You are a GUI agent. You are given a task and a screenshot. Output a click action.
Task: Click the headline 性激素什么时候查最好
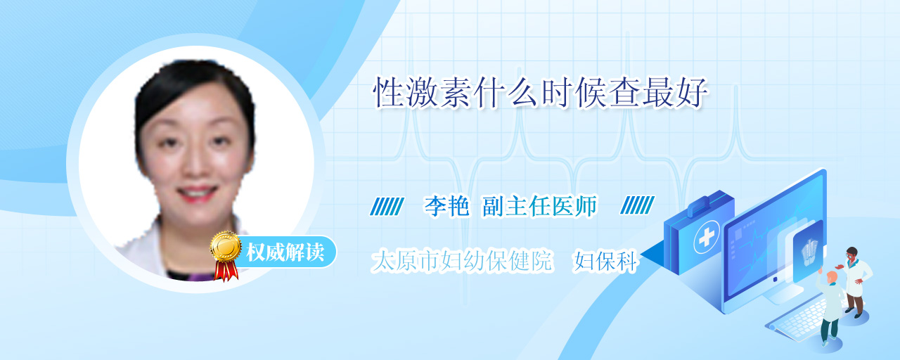point(541,93)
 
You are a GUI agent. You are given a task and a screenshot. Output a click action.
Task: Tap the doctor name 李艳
point(446,206)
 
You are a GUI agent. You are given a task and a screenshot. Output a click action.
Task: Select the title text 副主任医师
point(540,206)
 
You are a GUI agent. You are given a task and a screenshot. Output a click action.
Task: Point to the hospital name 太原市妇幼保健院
point(462,261)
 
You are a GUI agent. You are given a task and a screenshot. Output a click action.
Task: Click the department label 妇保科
point(606,261)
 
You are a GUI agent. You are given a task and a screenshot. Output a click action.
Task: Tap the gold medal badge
point(226,246)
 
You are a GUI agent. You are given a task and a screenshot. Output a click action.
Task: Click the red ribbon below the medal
point(226,271)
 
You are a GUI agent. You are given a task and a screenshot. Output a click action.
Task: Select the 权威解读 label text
point(285,252)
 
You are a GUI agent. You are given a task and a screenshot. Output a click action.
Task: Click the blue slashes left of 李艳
point(387,206)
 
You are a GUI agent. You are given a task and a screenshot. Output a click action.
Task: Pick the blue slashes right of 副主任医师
point(637,205)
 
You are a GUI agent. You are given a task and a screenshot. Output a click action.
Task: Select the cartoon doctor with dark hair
point(854,281)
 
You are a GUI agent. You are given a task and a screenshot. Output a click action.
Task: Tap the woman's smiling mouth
point(198,193)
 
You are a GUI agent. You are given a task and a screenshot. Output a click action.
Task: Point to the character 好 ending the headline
point(692,93)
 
